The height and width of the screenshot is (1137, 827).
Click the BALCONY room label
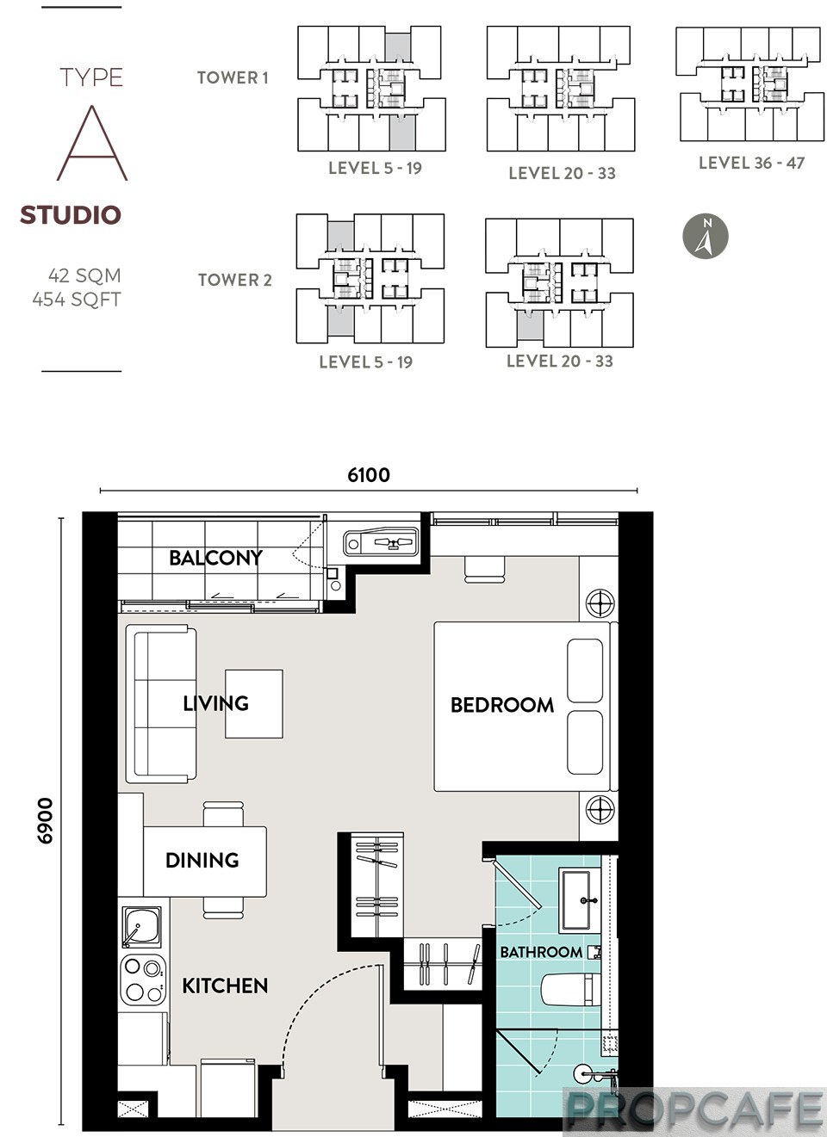[215, 558]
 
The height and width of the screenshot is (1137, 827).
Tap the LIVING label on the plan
[216, 703]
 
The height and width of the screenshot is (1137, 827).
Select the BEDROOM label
[502, 705]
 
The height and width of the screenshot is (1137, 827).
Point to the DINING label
[202, 860]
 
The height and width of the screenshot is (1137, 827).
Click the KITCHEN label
[225, 986]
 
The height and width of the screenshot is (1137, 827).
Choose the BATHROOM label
[541, 952]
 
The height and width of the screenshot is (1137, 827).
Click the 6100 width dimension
[369, 475]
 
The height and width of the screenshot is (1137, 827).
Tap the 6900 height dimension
[45, 821]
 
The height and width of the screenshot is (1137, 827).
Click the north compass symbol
[705, 236]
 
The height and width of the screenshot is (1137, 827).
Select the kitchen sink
[142, 927]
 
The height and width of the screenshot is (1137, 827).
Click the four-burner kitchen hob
[143, 979]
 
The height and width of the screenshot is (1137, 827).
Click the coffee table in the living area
[254, 703]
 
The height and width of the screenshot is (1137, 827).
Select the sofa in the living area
[161, 704]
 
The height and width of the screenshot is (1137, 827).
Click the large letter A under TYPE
[92, 143]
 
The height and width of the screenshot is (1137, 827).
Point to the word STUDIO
[71, 214]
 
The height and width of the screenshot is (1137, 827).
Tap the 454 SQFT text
[77, 299]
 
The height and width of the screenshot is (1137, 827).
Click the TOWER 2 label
[234, 280]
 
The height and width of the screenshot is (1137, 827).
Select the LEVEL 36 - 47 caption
[752, 163]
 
